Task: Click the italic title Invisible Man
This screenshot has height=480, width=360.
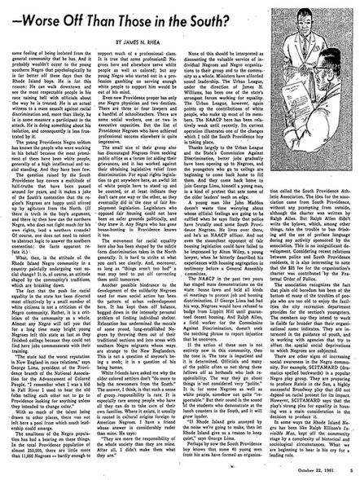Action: [308, 432]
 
